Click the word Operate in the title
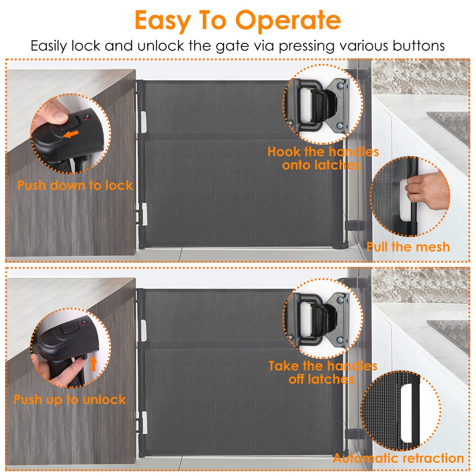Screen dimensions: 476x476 pyautogui.click(x=288, y=20)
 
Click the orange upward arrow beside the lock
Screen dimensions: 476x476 pyautogui.click(x=94, y=363)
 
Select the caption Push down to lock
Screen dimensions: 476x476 pyautogui.click(x=75, y=185)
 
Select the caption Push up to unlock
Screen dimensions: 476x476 pyautogui.click(x=70, y=400)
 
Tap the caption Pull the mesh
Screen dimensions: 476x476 pyautogui.click(x=408, y=247)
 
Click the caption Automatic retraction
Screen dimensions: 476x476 pyautogui.click(x=398, y=458)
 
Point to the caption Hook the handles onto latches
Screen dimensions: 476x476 pyautogui.click(x=323, y=158)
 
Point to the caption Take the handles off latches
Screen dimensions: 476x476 pyautogui.click(x=323, y=373)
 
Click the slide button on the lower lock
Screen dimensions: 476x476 pyautogui.click(x=69, y=328)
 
